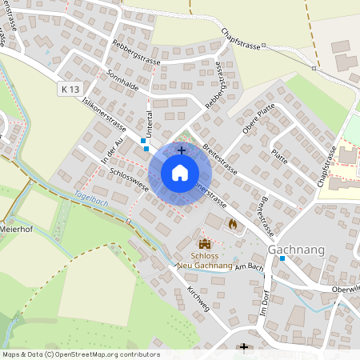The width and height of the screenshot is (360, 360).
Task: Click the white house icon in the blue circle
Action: (x=180, y=173)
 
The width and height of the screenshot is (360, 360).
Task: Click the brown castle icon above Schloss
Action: (x=205, y=244)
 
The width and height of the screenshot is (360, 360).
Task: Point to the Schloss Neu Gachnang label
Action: (x=205, y=260)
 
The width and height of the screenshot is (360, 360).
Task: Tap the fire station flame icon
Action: (x=232, y=225)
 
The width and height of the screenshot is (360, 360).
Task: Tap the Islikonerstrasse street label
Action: (x=105, y=114)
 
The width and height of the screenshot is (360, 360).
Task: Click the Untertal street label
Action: (x=150, y=122)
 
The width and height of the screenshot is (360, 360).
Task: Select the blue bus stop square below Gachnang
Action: (x=282, y=258)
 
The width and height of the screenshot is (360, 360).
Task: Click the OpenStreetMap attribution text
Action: (x=81, y=354)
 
